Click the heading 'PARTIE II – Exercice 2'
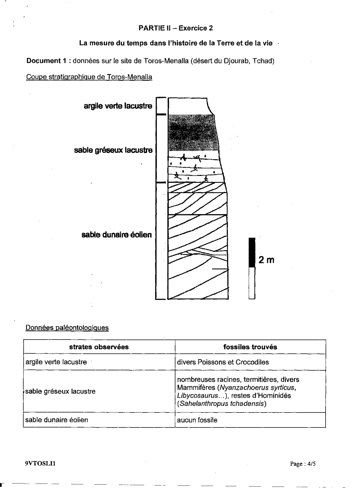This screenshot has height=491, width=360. [175, 28]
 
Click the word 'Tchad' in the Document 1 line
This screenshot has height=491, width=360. [263, 61]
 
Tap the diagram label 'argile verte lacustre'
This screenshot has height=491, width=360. [118, 106]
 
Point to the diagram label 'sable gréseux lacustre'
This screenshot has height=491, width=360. [113, 150]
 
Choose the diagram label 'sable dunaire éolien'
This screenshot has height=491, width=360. [117, 235]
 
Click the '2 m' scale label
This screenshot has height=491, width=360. [266, 260]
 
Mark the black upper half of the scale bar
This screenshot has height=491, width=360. [252, 252]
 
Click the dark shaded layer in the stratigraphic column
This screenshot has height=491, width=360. [193, 133]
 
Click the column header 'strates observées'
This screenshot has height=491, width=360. [99, 347]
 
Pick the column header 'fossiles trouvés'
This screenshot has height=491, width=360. [250, 347]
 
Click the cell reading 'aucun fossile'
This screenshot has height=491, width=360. [197, 420]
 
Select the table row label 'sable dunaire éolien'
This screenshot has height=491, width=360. [57, 420]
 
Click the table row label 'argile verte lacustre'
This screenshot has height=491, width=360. [56, 362]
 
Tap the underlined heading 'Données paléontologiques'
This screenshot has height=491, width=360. [67, 328]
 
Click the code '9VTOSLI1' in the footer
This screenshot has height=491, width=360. [40, 464]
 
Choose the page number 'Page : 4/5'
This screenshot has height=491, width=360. [303, 464]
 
